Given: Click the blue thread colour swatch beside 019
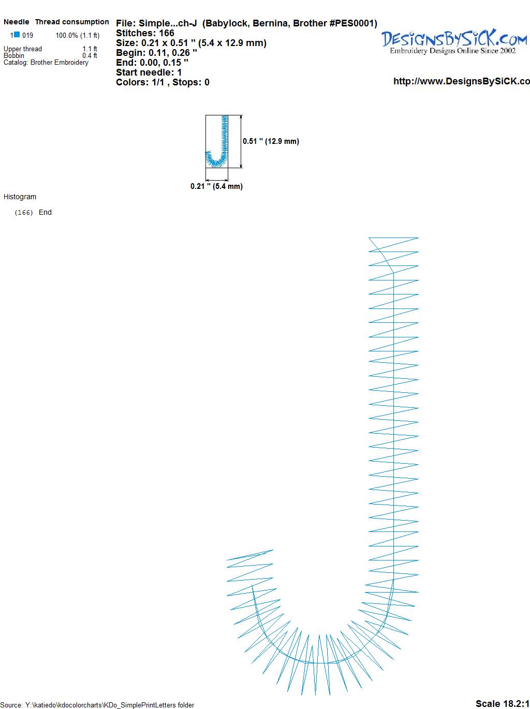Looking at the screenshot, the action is coord(17,35).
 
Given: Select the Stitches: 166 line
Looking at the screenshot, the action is coord(145,33).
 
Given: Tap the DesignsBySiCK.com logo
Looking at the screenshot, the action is coord(454,42).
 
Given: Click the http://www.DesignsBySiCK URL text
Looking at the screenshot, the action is coord(462,81).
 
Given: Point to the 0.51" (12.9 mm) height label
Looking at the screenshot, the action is coord(271,141).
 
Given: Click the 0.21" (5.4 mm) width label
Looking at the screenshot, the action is coord(216,186).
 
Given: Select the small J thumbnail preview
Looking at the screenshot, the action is coord(216,141).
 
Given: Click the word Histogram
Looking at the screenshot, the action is coord(20,197).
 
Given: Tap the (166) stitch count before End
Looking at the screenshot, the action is coord(24,213).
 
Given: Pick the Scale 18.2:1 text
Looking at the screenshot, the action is coord(503,703).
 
